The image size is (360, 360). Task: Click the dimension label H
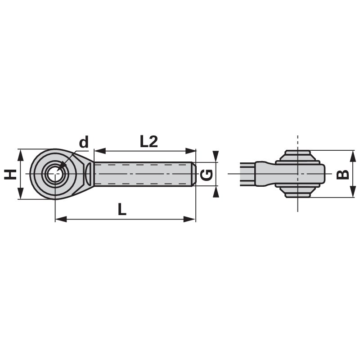pyautogui.click(x=10, y=174)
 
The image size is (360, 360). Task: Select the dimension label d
pyautogui.click(x=84, y=143)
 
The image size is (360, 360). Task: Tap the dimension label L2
pyautogui.click(x=148, y=142)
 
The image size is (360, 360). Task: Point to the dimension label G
pyautogui.click(x=206, y=174)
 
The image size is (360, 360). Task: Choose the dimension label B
pyautogui.click(x=343, y=174)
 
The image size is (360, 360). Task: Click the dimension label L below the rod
pyautogui.click(x=122, y=209)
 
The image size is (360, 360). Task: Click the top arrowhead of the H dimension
pyautogui.click(x=20, y=155)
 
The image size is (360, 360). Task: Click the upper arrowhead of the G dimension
pyautogui.click(x=216, y=157)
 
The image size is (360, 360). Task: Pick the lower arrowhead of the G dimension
pyautogui.click(x=216, y=192)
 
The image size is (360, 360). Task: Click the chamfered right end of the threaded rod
pyautogui.click(x=194, y=174)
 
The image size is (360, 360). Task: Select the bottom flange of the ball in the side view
pyautogui.click(x=297, y=193)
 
